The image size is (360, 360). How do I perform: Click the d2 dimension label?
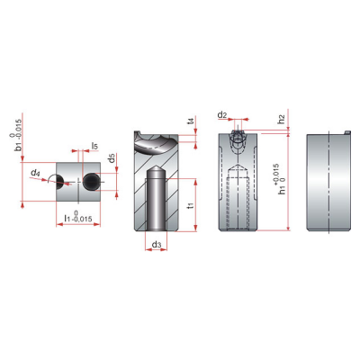point(222,114)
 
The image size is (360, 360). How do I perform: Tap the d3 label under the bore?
point(157,245)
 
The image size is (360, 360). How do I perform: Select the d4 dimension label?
point(35,173)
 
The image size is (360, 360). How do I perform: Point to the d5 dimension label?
point(112,158)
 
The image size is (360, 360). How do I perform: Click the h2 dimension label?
point(281,119)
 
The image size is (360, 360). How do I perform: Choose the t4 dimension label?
point(190,121)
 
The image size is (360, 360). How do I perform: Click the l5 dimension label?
point(94,147)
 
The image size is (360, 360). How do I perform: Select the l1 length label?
point(67,218)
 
